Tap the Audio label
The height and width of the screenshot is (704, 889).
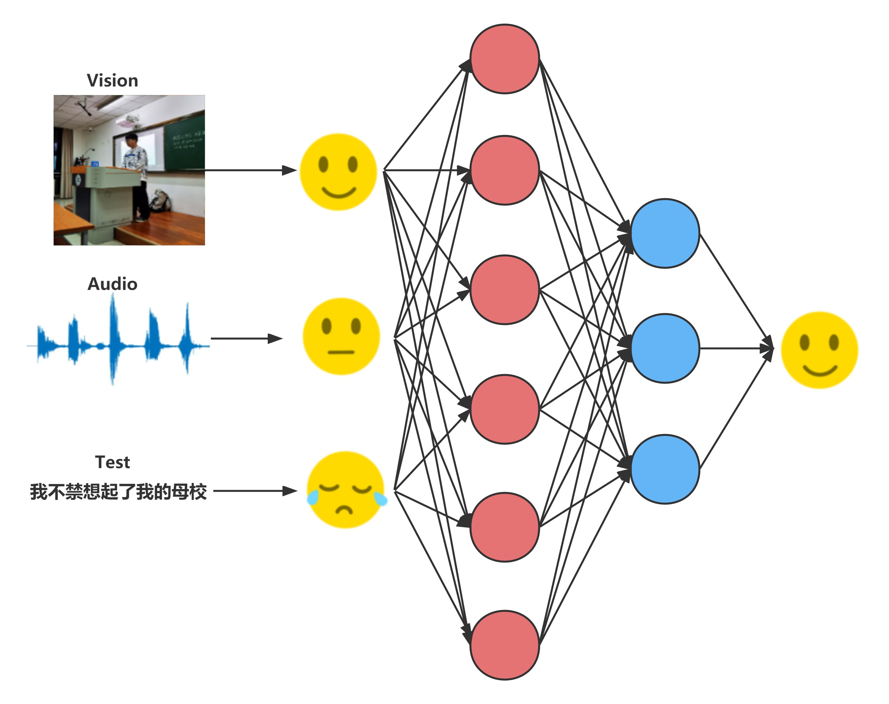tap(112, 284)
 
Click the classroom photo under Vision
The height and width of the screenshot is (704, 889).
tap(129, 170)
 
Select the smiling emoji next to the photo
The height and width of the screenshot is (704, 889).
tap(338, 172)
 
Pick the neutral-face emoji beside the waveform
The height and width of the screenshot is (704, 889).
tap(341, 336)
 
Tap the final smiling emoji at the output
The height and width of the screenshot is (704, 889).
tap(819, 350)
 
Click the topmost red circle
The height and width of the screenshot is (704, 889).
tap(504, 59)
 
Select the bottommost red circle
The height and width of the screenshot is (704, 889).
tap(504, 645)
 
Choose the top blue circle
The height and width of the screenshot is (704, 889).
tap(665, 233)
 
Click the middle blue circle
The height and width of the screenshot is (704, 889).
tap(665, 348)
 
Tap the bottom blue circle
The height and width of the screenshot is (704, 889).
tap(665, 469)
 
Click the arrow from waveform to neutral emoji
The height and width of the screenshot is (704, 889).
tap(246, 339)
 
